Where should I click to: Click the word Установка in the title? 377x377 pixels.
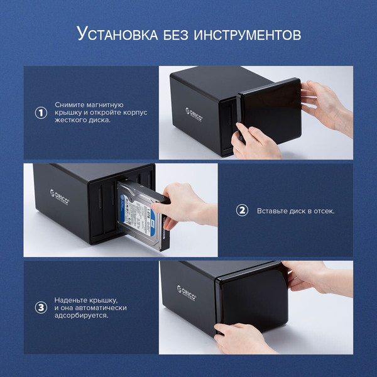[114, 34]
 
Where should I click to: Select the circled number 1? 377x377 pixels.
[41, 112]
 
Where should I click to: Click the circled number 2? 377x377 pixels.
[242, 210]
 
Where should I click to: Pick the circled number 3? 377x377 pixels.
[41, 308]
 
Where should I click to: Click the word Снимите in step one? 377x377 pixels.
[69, 104]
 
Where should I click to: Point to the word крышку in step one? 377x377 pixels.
[68, 112]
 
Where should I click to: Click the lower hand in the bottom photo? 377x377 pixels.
[242, 336]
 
